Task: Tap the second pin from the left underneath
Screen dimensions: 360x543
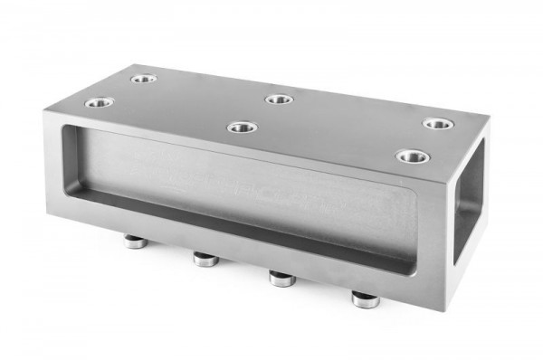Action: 205,261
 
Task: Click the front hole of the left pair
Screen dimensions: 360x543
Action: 100,103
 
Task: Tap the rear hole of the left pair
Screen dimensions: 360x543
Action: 143,79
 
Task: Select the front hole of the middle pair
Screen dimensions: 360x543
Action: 242,128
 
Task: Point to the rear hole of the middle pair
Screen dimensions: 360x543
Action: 280,99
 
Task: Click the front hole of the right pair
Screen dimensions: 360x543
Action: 412,156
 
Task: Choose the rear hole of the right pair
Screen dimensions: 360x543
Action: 439,123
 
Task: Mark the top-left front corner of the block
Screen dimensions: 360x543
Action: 43,113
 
